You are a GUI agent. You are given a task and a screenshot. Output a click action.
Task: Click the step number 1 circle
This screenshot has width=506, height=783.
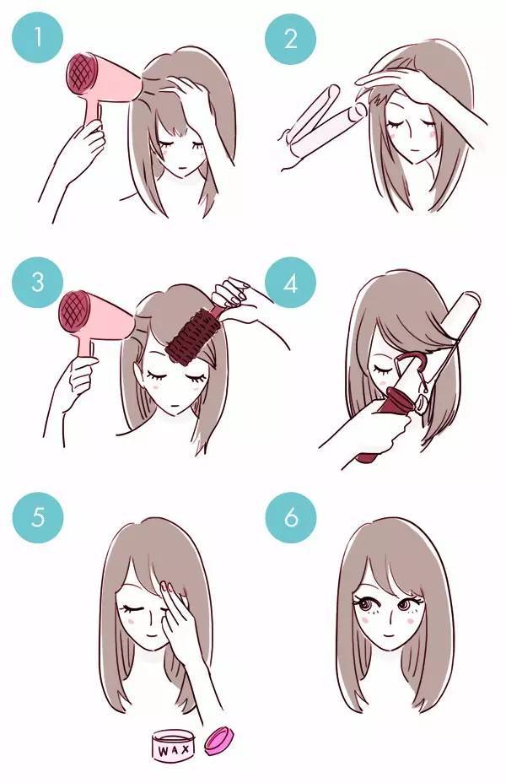click(x=37, y=37)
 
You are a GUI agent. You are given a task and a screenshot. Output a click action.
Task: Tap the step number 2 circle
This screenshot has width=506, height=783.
click(x=290, y=39)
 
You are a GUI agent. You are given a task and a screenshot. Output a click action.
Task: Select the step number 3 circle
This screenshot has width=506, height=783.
click(x=37, y=282)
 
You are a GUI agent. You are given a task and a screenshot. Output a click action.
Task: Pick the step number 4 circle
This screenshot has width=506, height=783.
click(x=290, y=283)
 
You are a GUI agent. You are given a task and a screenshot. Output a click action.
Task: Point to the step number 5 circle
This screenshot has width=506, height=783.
click(x=38, y=517)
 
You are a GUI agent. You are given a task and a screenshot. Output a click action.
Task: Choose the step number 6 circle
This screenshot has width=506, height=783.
click(x=291, y=517)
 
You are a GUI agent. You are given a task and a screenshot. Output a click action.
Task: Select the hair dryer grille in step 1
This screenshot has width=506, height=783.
click(x=81, y=74)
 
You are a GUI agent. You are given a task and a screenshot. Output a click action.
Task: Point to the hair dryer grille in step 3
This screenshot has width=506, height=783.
click(x=75, y=311)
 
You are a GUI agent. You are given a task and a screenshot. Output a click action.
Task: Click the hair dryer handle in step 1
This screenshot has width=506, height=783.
click(x=93, y=112)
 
